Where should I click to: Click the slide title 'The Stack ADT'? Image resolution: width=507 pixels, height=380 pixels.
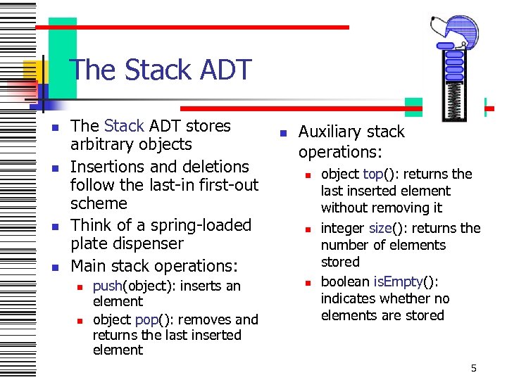point(161,70)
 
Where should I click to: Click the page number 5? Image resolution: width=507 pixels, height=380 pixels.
point(474,368)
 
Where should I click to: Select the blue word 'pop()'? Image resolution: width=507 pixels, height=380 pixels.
point(147,319)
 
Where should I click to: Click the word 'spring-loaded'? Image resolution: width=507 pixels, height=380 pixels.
point(201,225)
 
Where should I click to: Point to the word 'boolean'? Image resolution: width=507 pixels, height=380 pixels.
point(345,281)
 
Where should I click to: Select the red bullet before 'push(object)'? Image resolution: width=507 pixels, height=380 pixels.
point(81,286)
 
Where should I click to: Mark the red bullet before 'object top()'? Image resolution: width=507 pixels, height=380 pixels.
point(308,174)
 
